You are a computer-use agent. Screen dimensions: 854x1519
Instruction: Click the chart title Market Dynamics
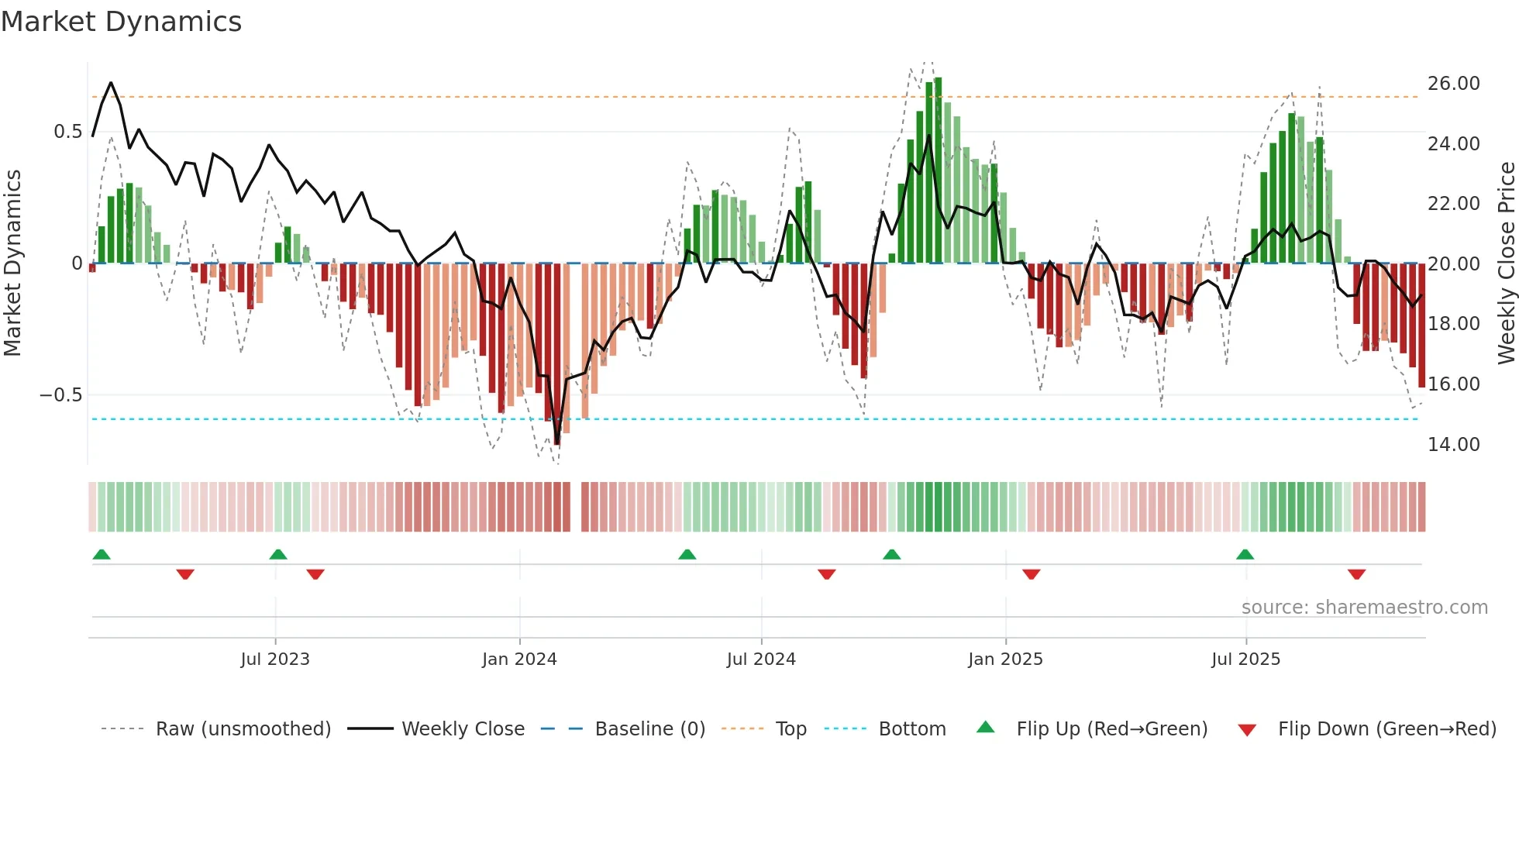pyautogui.click(x=121, y=22)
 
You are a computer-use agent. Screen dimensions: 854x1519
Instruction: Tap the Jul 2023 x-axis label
pyautogui.click(x=274, y=659)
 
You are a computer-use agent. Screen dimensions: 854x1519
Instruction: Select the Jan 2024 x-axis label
pyautogui.click(x=519, y=659)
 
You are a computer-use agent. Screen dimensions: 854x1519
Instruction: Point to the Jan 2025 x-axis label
pyautogui.click(x=1005, y=659)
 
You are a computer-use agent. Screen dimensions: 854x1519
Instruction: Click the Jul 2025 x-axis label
pyautogui.click(x=1245, y=659)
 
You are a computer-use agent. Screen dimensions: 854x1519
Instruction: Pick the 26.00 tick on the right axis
pyautogui.click(x=1453, y=84)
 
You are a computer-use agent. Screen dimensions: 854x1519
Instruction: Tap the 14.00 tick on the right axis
pyautogui.click(x=1453, y=445)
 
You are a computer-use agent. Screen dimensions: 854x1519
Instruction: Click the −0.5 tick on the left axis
pyautogui.click(x=60, y=395)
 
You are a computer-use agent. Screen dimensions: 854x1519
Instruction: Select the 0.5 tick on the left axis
pyautogui.click(x=67, y=132)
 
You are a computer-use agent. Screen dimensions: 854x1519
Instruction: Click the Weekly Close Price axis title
pyautogui.click(x=1506, y=263)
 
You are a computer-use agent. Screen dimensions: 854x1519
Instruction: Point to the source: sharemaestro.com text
pyautogui.click(x=1364, y=608)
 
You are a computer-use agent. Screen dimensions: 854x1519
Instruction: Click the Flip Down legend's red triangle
pyautogui.click(x=1247, y=730)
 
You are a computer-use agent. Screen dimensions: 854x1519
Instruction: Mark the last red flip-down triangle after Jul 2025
pyautogui.click(x=1356, y=574)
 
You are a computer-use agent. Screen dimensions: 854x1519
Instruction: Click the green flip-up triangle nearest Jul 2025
pyautogui.click(x=1245, y=554)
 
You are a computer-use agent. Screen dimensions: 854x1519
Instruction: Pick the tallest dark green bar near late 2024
pyautogui.click(x=938, y=170)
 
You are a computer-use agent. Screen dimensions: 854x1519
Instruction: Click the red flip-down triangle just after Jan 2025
pyautogui.click(x=1031, y=574)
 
